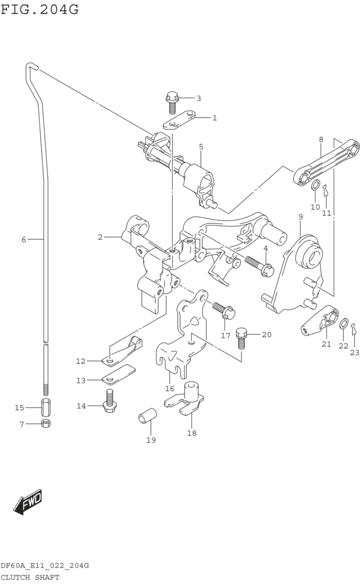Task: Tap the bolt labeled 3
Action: pos(172,102)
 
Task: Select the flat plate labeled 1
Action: pos(179,120)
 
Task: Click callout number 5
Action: pos(201,147)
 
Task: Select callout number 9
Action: pos(300,217)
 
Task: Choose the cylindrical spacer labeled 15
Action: pos(46,407)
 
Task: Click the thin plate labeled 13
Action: pos(119,374)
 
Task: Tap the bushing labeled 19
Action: pos(147,415)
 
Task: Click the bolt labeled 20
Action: pos(242,338)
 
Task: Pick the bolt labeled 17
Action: pos(224,310)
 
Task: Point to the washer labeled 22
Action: pos(344,324)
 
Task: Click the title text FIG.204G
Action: pos(40,9)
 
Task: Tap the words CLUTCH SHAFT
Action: pos(30,578)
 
